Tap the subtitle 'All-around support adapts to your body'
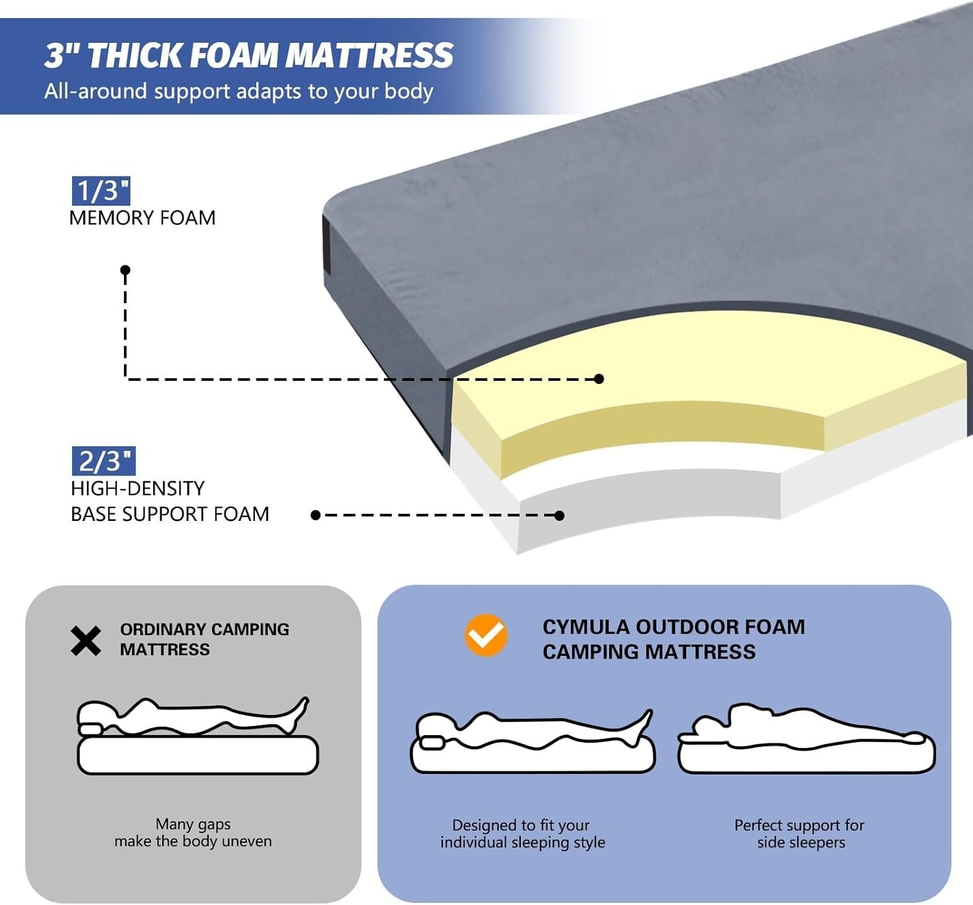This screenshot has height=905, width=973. tap(238, 91)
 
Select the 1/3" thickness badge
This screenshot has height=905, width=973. tap(101, 191)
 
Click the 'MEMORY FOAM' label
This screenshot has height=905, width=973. tap(142, 218)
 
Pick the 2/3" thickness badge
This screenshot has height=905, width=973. tap(103, 461)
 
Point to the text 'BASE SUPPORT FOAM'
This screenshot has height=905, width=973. tap(170, 514)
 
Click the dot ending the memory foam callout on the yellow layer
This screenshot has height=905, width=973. tap(599, 379)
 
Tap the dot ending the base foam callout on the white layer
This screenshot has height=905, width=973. tap(559, 515)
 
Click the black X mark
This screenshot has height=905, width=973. tap(86, 641)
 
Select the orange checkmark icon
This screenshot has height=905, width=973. tap(486, 634)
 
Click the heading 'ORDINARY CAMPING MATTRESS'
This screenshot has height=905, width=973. tap(204, 639)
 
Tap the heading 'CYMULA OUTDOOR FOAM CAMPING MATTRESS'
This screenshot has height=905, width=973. tap(673, 639)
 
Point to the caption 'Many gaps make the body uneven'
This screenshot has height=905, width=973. tap(193, 832)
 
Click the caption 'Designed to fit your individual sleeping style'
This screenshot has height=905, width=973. tap(522, 834)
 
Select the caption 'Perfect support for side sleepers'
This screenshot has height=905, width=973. tap(800, 834)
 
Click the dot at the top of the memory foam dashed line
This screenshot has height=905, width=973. tap(125, 270)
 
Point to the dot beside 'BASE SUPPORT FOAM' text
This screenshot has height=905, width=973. tap(316, 515)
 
